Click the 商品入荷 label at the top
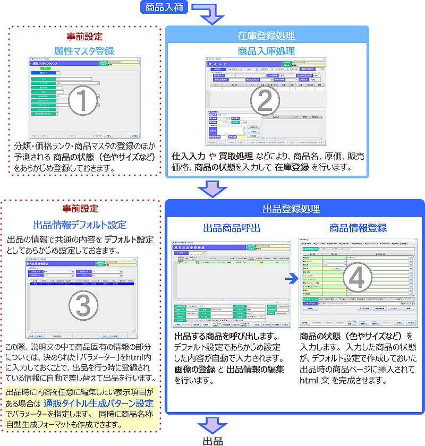coord(164,7)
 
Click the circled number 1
coord(84,100)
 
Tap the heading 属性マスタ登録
coord(84,51)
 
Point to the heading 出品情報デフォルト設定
coord(80,225)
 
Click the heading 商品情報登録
coord(358,228)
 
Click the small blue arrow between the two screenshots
coord(290,278)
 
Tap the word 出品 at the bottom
coord(212,440)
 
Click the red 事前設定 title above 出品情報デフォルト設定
coord(80,208)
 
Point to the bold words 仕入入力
coord(188,157)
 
